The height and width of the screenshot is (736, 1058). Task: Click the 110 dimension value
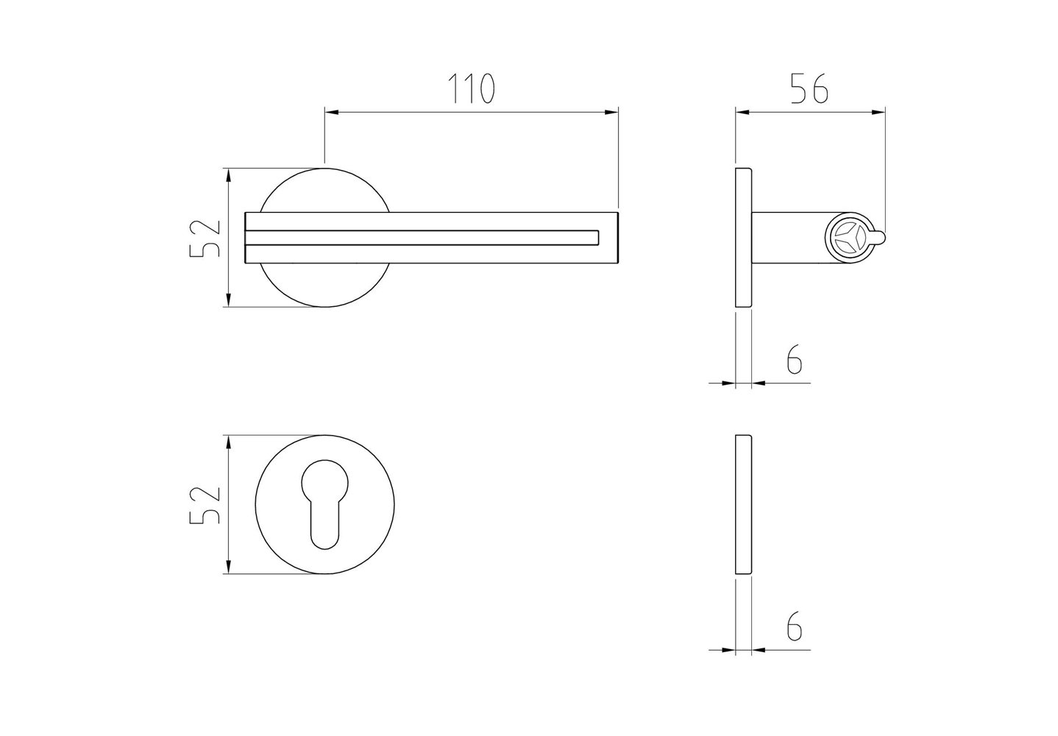coord(471,88)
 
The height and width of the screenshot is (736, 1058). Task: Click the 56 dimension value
coord(810,88)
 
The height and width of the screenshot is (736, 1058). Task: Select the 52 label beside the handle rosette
coord(205,238)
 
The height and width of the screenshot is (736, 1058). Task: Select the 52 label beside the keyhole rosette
coord(205,504)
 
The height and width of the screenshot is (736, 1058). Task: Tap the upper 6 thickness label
coord(795,358)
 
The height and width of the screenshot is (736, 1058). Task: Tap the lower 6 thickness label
coord(795,626)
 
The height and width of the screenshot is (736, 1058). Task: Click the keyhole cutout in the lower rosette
coord(324,504)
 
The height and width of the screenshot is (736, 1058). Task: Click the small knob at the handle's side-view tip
coord(879,238)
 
